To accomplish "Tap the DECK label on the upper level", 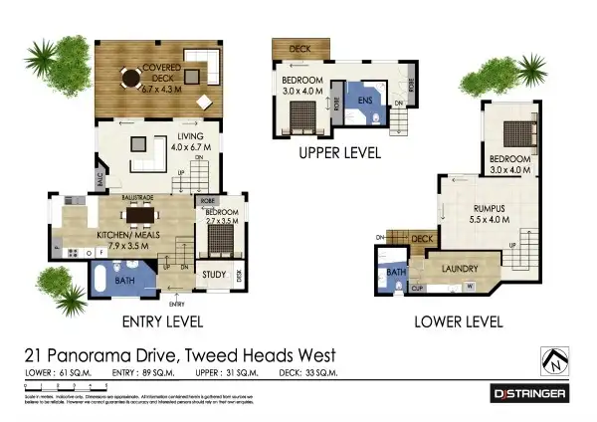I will tap(298, 48).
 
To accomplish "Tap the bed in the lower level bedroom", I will tap(511, 133).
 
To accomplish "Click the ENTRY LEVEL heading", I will tap(162, 321).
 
